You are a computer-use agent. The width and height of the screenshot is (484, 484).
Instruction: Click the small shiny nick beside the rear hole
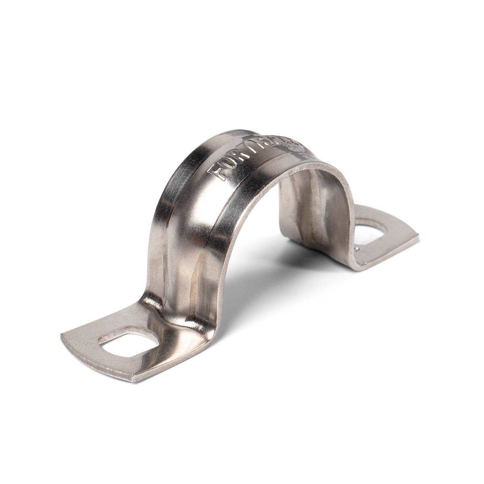[x=357, y=250]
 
